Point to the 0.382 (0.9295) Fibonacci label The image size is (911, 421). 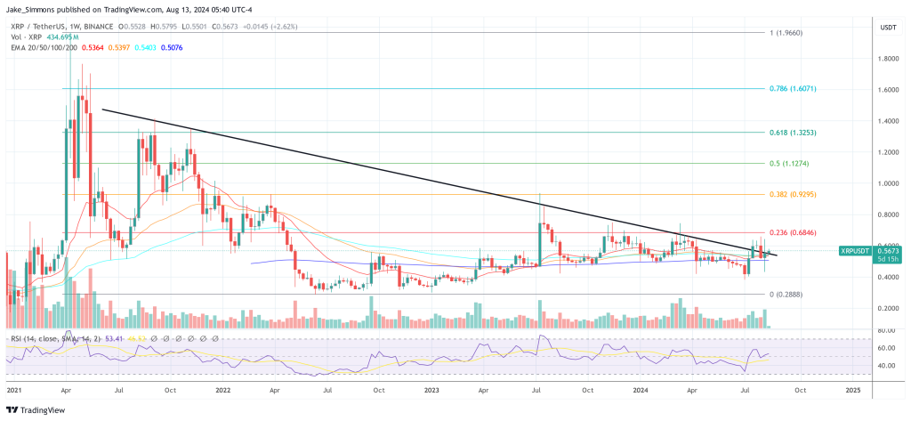[x=792, y=194]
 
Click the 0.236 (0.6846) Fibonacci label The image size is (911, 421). [x=792, y=232]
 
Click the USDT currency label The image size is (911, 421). [x=887, y=28]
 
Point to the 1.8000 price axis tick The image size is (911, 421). [x=886, y=59]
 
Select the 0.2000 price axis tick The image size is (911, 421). [x=886, y=308]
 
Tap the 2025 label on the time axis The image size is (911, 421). [x=852, y=390]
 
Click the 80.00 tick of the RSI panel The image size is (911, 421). [x=884, y=331]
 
